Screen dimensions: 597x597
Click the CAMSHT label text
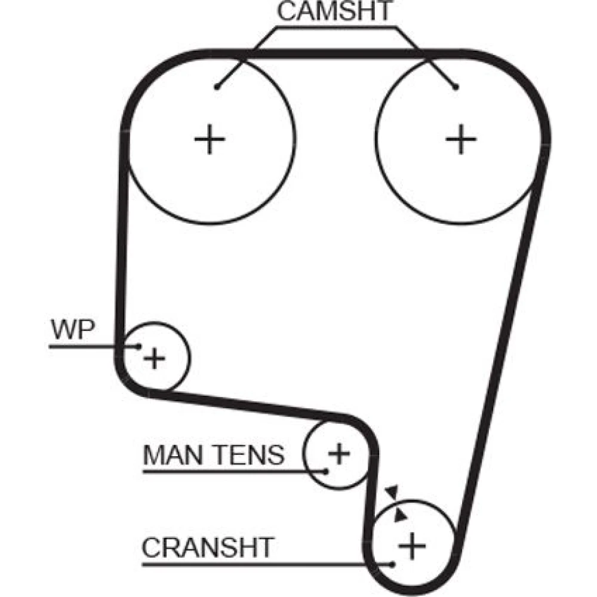(x=336, y=11)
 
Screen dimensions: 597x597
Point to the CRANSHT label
(x=207, y=546)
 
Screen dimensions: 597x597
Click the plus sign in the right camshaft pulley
(x=461, y=139)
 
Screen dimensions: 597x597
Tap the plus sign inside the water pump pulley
(x=155, y=358)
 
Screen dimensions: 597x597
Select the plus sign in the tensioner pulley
(x=339, y=454)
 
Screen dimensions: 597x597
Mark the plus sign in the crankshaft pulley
(x=412, y=544)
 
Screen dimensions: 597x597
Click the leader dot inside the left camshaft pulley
(x=219, y=87)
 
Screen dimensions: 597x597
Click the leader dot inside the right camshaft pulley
(x=456, y=87)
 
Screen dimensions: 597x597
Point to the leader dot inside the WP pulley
(x=139, y=346)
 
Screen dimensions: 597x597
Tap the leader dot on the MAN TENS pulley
(x=326, y=470)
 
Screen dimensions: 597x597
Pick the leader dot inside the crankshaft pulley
(x=392, y=564)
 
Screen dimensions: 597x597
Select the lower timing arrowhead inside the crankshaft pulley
(x=401, y=513)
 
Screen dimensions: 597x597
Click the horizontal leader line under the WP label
(x=90, y=346)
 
